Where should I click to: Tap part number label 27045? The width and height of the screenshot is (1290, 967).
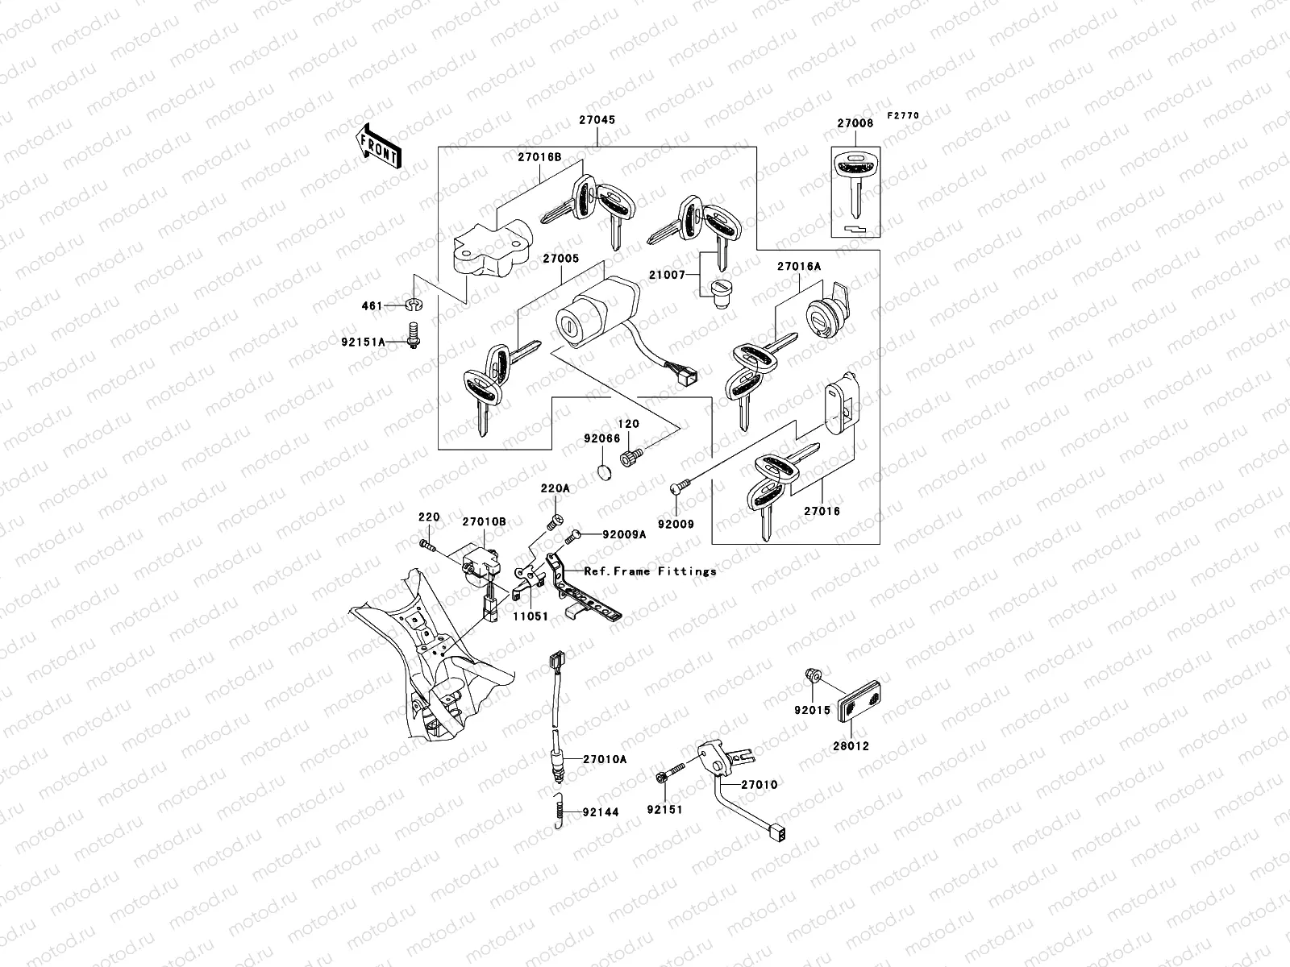click(x=597, y=120)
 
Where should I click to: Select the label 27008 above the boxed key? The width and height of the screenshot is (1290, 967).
click(x=855, y=123)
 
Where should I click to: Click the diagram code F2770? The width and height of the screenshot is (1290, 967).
click(x=903, y=116)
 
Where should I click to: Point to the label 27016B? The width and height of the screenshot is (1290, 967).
click(x=539, y=159)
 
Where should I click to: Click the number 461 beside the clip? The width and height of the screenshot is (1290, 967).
click(x=371, y=306)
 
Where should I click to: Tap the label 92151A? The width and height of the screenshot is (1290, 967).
click(x=362, y=342)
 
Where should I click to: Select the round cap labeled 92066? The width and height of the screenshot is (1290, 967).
click(x=604, y=471)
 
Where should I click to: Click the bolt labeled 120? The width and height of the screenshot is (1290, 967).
click(x=629, y=459)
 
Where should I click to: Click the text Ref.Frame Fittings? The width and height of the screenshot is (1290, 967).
click(x=651, y=571)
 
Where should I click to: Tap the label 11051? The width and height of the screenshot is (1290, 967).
click(x=532, y=616)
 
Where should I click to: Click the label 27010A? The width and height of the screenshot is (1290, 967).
click(x=605, y=758)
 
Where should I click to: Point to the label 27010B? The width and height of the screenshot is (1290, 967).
click(x=484, y=521)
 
